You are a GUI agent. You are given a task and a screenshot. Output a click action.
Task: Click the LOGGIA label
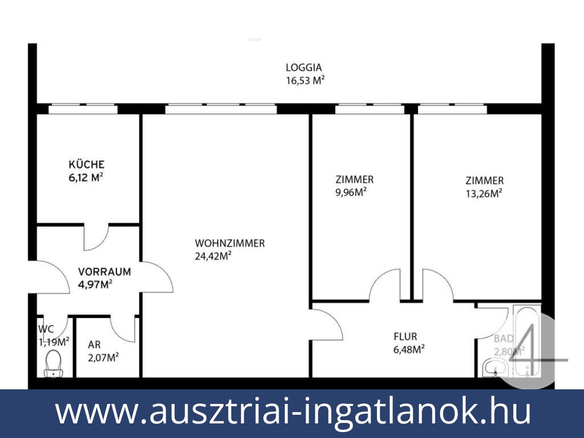[304, 68]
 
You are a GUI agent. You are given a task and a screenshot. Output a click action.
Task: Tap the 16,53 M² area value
[305, 81]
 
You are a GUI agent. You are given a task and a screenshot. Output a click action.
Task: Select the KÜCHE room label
[87, 164]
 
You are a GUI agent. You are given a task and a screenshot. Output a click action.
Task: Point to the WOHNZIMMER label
[230, 243]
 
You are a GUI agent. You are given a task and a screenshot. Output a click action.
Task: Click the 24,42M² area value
[213, 256]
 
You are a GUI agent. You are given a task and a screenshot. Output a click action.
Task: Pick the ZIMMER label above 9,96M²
[354, 180]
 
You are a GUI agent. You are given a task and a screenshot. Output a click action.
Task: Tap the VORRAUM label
[104, 271]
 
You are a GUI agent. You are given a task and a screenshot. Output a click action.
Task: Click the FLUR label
[405, 337]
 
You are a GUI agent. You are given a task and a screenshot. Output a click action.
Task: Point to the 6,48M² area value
[408, 350]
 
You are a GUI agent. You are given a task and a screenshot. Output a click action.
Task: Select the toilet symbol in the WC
[54, 362]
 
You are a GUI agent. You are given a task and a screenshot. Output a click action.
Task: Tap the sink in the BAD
[495, 369]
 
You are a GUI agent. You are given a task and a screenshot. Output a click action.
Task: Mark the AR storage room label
[94, 344]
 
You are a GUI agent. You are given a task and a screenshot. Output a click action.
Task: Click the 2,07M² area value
[103, 357]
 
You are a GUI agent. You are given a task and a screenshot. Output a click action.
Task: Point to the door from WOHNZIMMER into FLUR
[327, 324]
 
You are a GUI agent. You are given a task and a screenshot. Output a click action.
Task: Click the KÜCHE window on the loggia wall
[83, 109]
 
